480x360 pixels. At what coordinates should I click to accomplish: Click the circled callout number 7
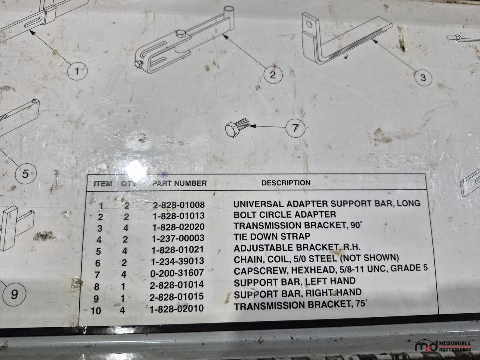(295, 128)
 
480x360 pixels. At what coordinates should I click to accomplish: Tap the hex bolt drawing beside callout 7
(237, 128)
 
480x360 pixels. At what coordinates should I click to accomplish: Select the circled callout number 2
(273, 75)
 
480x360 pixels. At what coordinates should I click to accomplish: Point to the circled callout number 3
(423, 78)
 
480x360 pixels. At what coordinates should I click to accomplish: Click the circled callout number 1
(78, 71)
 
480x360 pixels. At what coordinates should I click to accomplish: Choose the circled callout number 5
(26, 174)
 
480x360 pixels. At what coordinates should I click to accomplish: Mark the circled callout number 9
(14, 294)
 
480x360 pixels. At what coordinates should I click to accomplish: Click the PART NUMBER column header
(179, 183)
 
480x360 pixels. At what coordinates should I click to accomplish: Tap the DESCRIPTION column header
(286, 183)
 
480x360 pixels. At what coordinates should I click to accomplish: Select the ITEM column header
(103, 184)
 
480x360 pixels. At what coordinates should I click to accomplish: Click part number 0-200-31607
(177, 272)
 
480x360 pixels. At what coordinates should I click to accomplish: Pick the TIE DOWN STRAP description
(272, 236)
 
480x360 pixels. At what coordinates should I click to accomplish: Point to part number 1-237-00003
(178, 238)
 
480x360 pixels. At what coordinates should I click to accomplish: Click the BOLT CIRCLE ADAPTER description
(285, 215)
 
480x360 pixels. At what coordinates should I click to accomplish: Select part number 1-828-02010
(177, 308)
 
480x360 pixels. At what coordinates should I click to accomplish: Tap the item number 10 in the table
(96, 311)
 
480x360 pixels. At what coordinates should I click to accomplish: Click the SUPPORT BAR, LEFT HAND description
(294, 282)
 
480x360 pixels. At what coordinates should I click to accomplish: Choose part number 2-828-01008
(179, 205)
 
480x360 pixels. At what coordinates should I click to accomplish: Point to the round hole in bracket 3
(309, 24)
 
